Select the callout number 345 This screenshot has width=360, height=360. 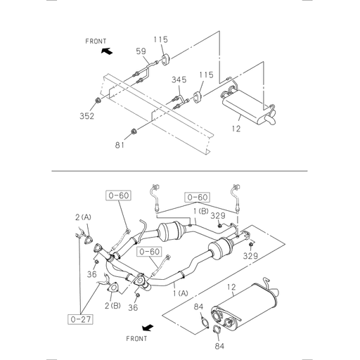179,80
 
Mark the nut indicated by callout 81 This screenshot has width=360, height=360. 134,131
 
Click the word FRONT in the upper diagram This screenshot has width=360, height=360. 96,41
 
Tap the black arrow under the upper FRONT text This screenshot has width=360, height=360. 106,51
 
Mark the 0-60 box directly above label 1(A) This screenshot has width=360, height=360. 150,251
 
